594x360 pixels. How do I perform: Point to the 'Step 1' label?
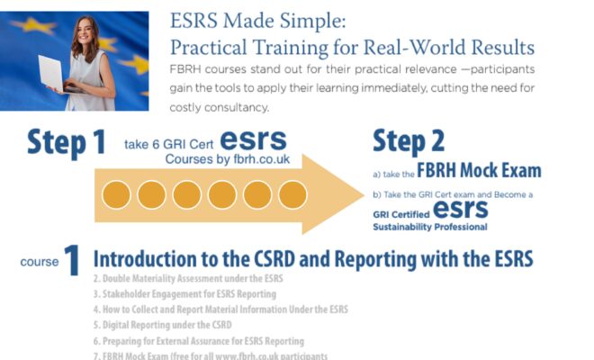click(x=65, y=142)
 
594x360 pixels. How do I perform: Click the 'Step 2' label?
click(x=407, y=141)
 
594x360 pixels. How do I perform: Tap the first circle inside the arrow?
click(x=116, y=194)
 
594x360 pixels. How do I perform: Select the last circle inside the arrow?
click(x=292, y=194)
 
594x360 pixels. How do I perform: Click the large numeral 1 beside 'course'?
click(x=72, y=260)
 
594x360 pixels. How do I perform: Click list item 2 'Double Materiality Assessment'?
click(x=185, y=279)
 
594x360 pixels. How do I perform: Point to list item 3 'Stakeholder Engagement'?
click(x=184, y=294)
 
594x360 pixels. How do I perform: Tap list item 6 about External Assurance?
click(x=199, y=341)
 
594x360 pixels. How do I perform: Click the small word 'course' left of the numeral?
click(x=39, y=262)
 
